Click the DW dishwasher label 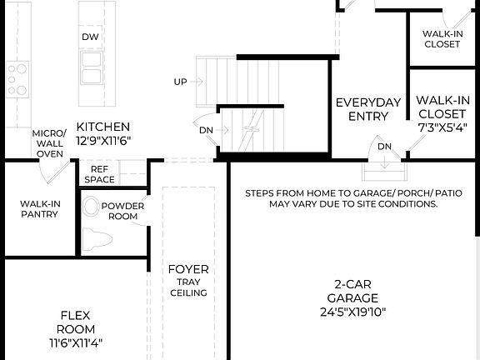pos(90,37)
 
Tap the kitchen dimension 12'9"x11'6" pos(103,141)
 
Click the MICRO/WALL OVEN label pos(48,143)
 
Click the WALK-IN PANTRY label pos(39,208)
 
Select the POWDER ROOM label pos(122,211)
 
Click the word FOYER pos(188,269)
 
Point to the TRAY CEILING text pos(188,287)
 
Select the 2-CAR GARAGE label pos(352,291)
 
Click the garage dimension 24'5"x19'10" pos(352,313)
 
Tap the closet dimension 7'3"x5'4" pos(442,127)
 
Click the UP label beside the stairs pos(180,82)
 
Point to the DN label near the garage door pos(384,147)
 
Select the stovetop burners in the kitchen pos(17,78)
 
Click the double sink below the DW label pos(90,67)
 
